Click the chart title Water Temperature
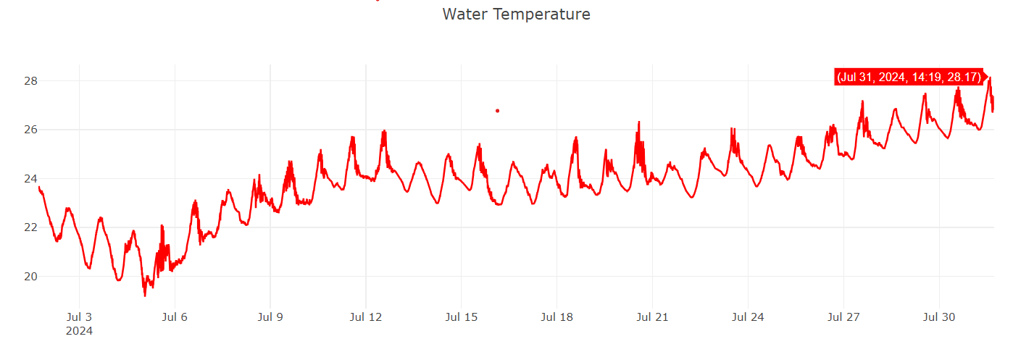pos(516,14)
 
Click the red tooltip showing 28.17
pos(909,77)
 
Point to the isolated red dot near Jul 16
pos(497,111)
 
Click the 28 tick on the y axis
pos(30,80)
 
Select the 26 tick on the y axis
pos(30,130)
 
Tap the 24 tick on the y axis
pos(30,178)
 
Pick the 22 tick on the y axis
pos(30,227)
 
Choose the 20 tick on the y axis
pos(30,276)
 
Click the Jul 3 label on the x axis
pos(79,317)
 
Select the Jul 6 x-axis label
pos(175,317)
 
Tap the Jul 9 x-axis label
pos(270,317)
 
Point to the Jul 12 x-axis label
pos(366,317)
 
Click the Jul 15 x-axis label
pos(462,317)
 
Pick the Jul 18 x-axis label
pos(557,317)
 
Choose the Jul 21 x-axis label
pos(653,317)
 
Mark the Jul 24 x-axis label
pos(749,317)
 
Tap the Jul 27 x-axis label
pos(844,317)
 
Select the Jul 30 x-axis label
pos(940,317)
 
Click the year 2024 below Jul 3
pos(79,331)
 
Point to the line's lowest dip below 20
pos(145,295)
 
